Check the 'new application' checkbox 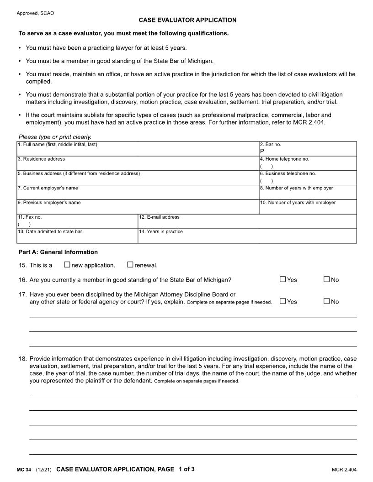[67, 264]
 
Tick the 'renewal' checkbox [130, 264]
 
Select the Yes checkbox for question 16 [282, 279]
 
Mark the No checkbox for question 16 [326, 279]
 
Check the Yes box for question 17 [282, 301]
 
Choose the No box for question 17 [326, 301]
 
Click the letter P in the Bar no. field [262, 151]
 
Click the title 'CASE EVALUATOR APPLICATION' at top [188, 20]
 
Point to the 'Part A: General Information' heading [58, 252]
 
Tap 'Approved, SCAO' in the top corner [35, 13]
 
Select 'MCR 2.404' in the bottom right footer [344, 470]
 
